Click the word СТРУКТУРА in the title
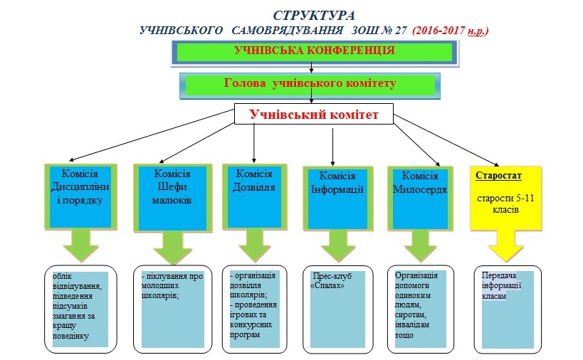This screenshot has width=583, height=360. coord(314,16)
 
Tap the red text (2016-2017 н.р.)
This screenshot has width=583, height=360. coord(451,31)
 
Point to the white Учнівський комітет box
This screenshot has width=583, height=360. coord(314,114)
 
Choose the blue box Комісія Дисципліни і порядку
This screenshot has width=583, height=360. coord(80,196)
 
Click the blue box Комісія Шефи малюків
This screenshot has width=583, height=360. coord(172,198)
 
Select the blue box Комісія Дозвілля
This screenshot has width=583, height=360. coord(254,196)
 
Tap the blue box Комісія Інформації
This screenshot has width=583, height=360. coord(337,198)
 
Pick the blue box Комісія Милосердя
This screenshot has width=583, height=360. coord(420,198)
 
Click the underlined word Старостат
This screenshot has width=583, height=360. coord(498,175)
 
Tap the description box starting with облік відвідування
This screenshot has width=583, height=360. coord(80,309)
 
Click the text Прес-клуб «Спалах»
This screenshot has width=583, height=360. coord(332,281)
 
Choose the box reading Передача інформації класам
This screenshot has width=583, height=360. coord(508,309)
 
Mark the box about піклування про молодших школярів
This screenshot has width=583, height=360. coord(172,309)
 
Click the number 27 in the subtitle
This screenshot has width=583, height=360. coord(401,31)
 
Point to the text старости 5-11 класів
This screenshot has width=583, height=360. coord(505,203)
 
